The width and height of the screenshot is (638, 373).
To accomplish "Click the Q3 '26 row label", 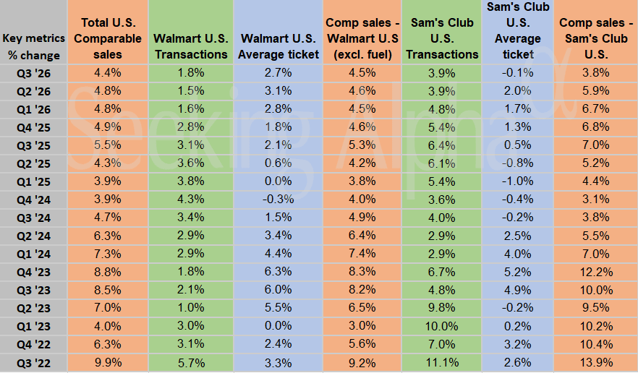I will pyautogui.click(x=33, y=72).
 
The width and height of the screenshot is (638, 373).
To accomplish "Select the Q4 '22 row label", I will pyautogui.click(x=33, y=344).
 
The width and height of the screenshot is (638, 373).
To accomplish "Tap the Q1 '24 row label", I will pyautogui.click(x=33, y=253).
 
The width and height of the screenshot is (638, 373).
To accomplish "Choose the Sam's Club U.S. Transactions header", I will pyautogui.click(x=441, y=38).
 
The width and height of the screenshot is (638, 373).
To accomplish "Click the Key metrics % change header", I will pyautogui.click(x=33, y=46).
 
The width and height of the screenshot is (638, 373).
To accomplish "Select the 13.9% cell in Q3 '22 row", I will pyautogui.click(x=597, y=362).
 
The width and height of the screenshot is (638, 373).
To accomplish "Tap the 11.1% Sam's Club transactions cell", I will pyautogui.click(x=441, y=362).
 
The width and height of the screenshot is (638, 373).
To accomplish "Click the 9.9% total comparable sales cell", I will pyautogui.click(x=108, y=362).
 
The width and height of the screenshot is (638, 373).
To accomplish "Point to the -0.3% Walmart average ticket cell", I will pyautogui.click(x=279, y=199).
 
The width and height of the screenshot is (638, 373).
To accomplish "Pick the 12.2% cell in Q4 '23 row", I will pyautogui.click(x=597, y=271).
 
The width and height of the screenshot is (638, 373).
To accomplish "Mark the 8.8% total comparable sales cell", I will pyautogui.click(x=108, y=271).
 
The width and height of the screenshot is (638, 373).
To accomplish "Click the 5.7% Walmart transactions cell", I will pyautogui.click(x=191, y=362).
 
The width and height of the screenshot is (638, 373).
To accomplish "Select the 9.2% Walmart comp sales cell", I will pyautogui.click(x=361, y=362).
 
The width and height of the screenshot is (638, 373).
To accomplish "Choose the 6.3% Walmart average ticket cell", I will pyautogui.click(x=279, y=271).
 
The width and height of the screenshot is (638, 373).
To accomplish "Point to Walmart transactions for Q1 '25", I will pyautogui.click(x=191, y=181).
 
